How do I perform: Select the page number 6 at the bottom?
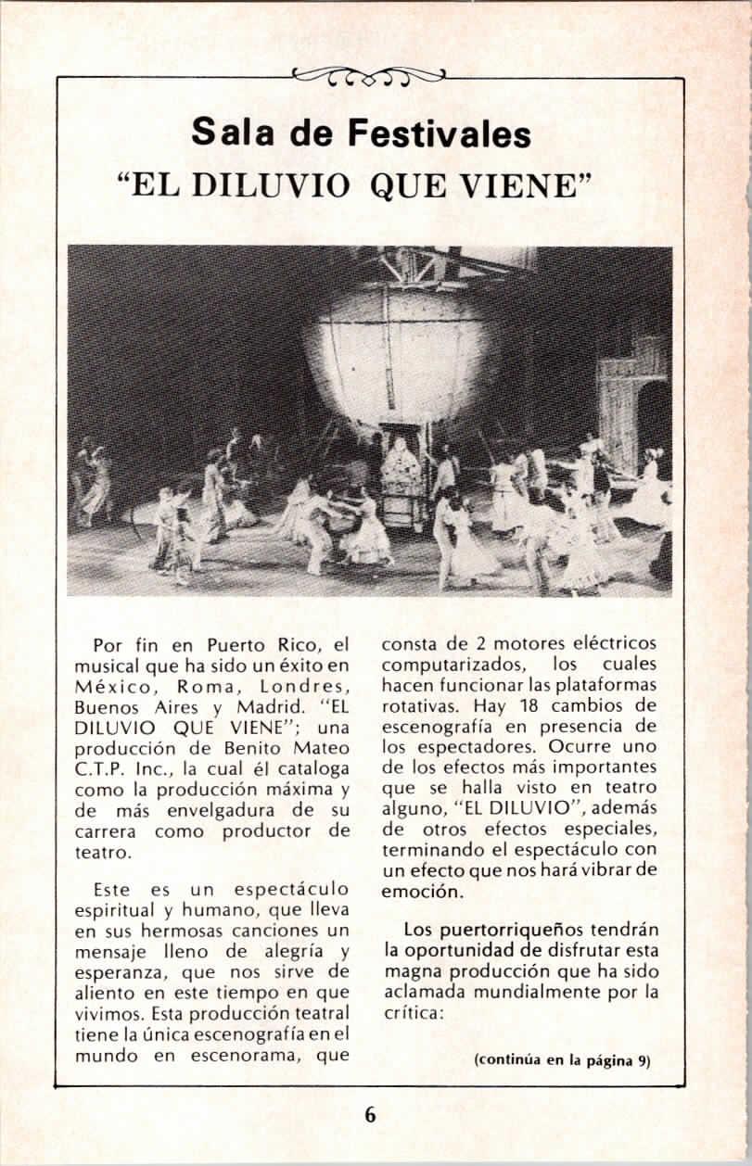[370, 1114]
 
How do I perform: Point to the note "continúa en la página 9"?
[562, 1061]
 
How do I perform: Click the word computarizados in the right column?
[450, 665]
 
